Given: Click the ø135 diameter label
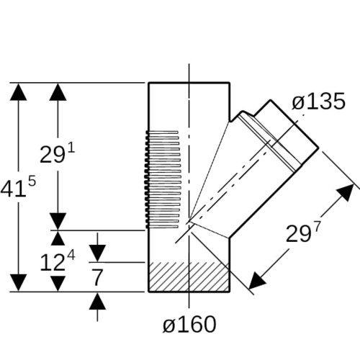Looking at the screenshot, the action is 319,102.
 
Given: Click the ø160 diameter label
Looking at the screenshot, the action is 189,324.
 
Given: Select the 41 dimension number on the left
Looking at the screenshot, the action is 13,189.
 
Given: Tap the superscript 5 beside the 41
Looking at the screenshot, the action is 32,181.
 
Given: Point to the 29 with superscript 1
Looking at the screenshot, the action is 53,155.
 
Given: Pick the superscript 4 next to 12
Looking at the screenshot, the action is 71,255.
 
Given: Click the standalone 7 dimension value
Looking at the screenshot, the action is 97,277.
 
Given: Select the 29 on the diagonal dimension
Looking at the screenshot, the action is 299,234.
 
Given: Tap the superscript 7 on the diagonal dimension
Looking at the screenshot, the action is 317,227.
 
